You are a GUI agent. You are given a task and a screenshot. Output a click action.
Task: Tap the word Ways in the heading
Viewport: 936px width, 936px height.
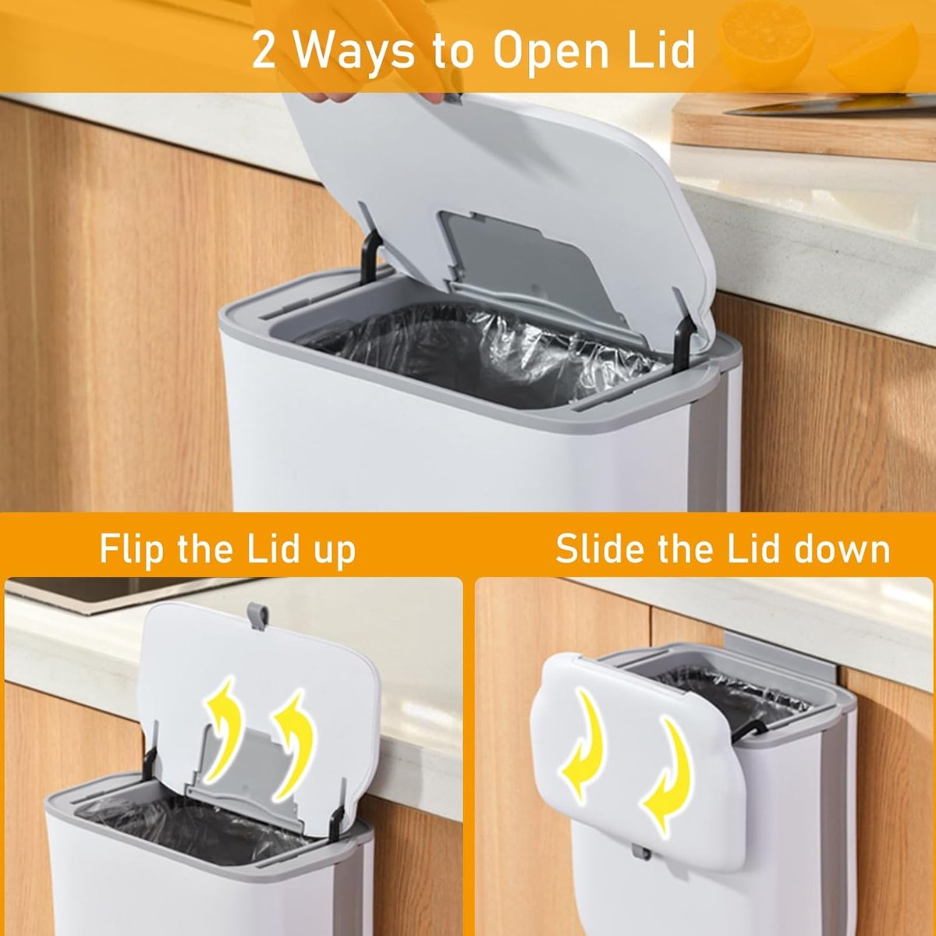click(354, 54)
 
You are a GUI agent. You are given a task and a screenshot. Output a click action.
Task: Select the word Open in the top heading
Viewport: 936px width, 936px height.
click(552, 54)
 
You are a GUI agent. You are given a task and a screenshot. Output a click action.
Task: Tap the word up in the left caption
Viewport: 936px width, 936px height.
click(335, 554)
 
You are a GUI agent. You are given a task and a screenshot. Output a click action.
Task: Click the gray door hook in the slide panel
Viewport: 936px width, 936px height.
click(796, 656)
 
